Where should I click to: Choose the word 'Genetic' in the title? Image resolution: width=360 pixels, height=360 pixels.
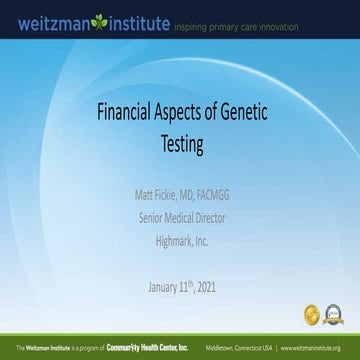tap(270, 115)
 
